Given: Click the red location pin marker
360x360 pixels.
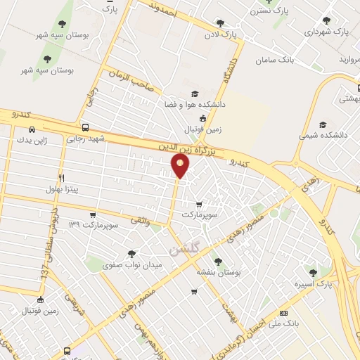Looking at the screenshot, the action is (x=181, y=166).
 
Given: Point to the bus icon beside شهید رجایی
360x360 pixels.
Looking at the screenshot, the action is (x=85, y=128).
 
